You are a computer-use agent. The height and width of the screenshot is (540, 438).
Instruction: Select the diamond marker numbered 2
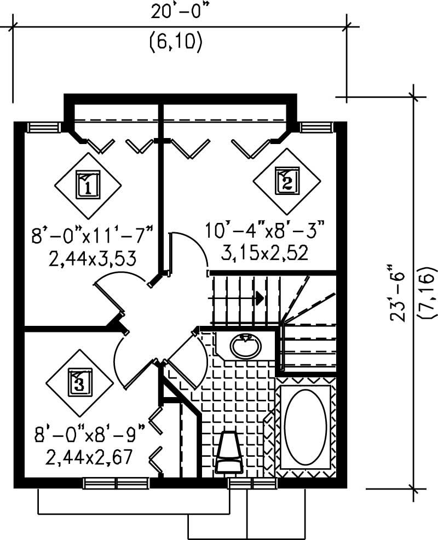[x=287, y=181]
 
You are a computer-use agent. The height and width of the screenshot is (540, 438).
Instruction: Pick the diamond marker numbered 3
[x=79, y=382]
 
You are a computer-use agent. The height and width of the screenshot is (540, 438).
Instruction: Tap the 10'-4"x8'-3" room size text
[x=266, y=229]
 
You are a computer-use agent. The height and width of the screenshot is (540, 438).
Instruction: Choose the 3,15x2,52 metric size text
[x=264, y=252]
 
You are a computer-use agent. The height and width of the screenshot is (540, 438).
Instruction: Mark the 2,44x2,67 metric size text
[x=90, y=456]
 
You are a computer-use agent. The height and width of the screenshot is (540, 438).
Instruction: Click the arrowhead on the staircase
[x=259, y=298]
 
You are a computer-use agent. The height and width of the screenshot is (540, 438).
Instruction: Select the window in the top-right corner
[x=316, y=127]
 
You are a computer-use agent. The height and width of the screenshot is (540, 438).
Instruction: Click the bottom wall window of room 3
[x=116, y=483]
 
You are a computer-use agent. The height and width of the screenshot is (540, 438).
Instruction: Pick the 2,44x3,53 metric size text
[x=92, y=258]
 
